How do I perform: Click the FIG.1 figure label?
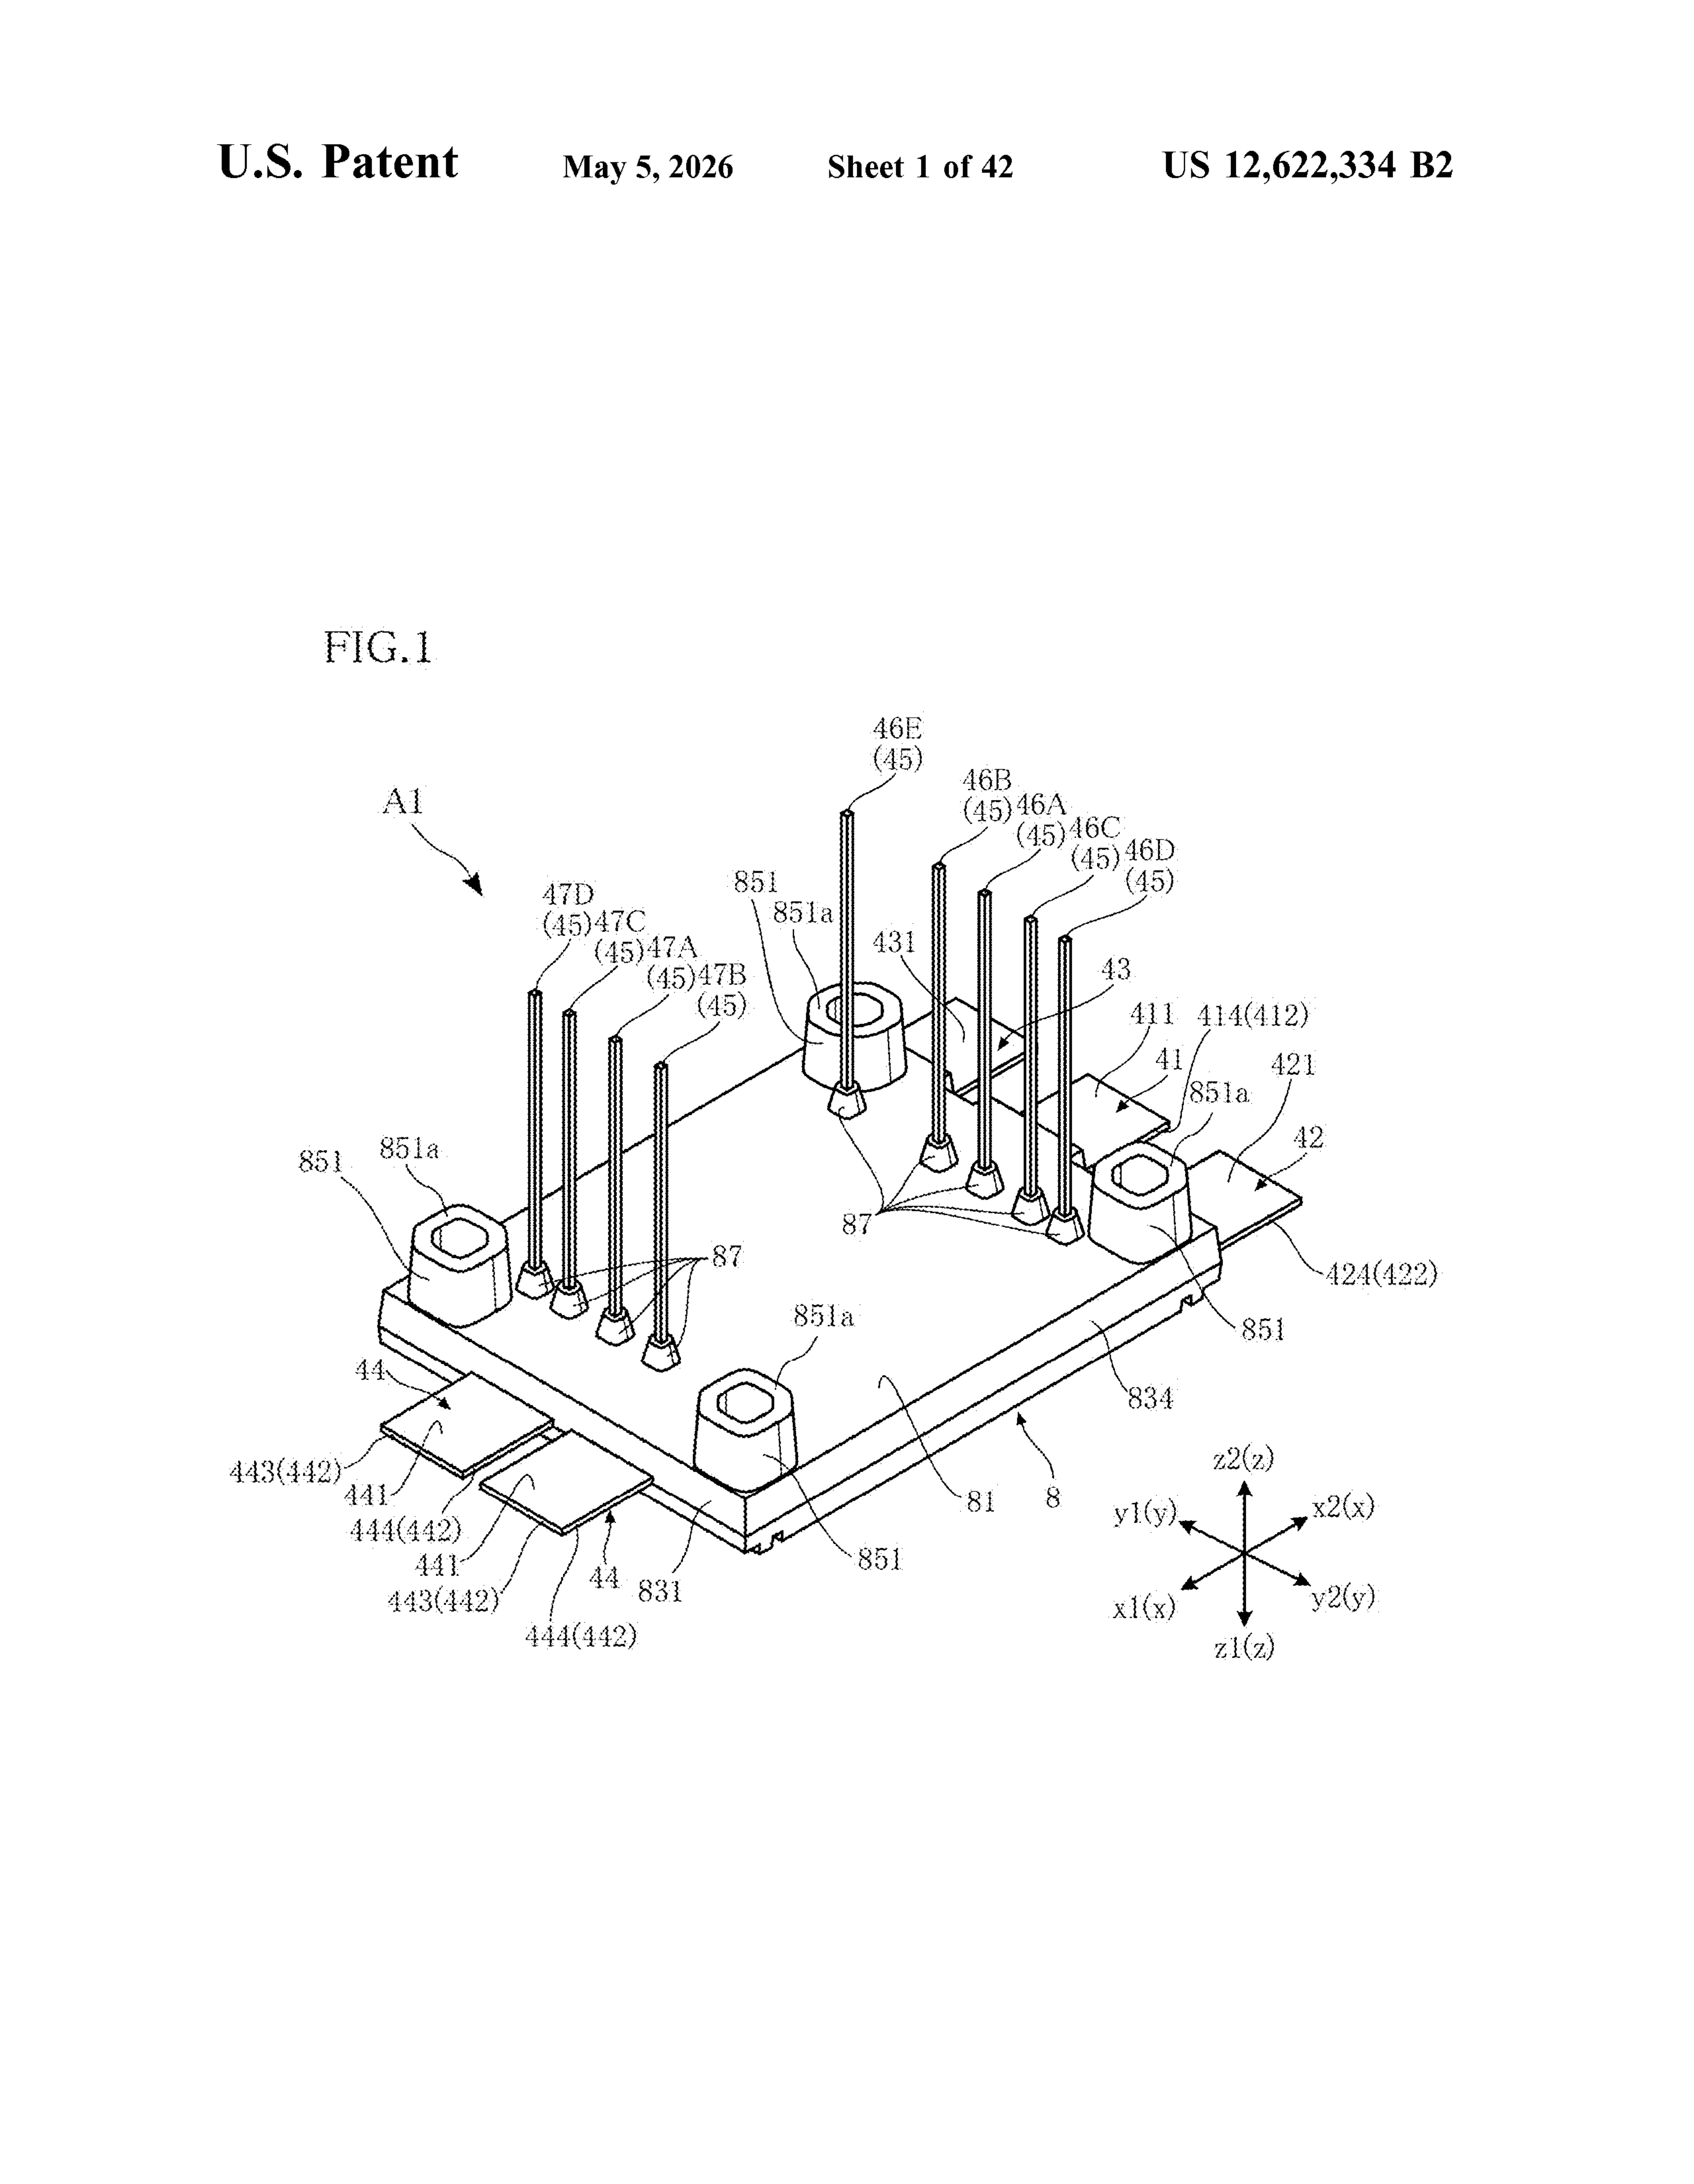tap(378, 648)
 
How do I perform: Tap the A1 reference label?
tap(403, 802)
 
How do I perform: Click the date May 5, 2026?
tap(648, 167)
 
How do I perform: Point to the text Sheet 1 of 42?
tap(920, 167)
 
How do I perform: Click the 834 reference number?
tap(1150, 1398)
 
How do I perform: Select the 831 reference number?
tap(660, 1590)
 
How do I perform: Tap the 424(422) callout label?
tap(1381, 1274)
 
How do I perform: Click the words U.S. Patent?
tap(338, 163)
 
